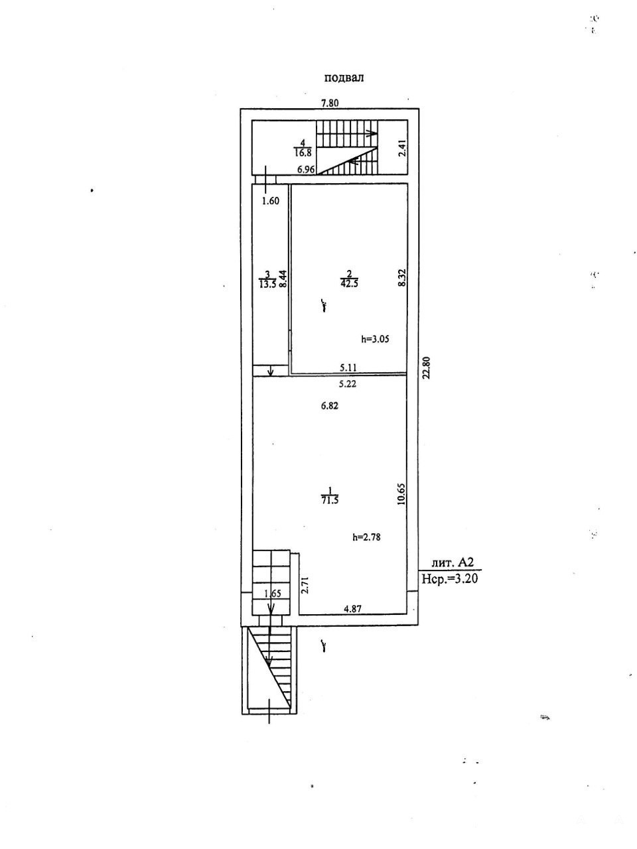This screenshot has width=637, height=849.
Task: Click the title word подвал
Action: [x=344, y=78]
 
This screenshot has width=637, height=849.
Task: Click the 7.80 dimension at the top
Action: [x=330, y=103]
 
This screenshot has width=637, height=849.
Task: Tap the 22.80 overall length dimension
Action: [x=426, y=368]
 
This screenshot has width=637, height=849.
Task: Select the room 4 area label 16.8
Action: [x=303, y=153]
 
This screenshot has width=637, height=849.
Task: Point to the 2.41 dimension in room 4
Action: [x=402, y=148]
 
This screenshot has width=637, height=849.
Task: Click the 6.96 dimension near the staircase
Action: [x=307, y=169]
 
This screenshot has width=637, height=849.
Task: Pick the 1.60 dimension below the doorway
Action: [x=270, y=201]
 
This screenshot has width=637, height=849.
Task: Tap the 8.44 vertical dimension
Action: [x=283, y=279]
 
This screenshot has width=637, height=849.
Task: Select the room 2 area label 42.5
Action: [x=349, y=283]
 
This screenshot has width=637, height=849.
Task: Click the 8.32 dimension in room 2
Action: [x=402, y=277]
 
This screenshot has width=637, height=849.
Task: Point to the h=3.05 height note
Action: [x=375, y=339]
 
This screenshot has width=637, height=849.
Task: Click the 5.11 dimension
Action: [x=348, y=367]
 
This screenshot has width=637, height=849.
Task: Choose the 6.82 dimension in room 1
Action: [x=330, y=406]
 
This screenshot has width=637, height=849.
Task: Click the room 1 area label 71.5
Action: [x=330, y=499]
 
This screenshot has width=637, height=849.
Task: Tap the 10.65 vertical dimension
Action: [x=401, y=494]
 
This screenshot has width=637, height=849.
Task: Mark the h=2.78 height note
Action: [x=366, y=537]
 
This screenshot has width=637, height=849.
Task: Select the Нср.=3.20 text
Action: [x=450, y=578]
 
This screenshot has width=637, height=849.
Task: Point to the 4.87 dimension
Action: [x=353, y=608]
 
